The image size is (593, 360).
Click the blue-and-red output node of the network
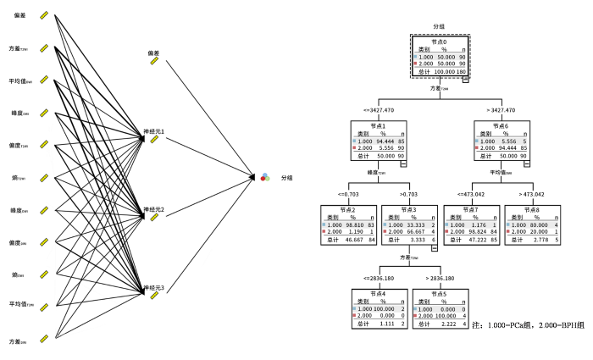264,176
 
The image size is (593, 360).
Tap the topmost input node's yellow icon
44,15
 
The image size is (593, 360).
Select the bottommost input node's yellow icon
44,341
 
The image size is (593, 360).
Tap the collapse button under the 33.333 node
435,247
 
